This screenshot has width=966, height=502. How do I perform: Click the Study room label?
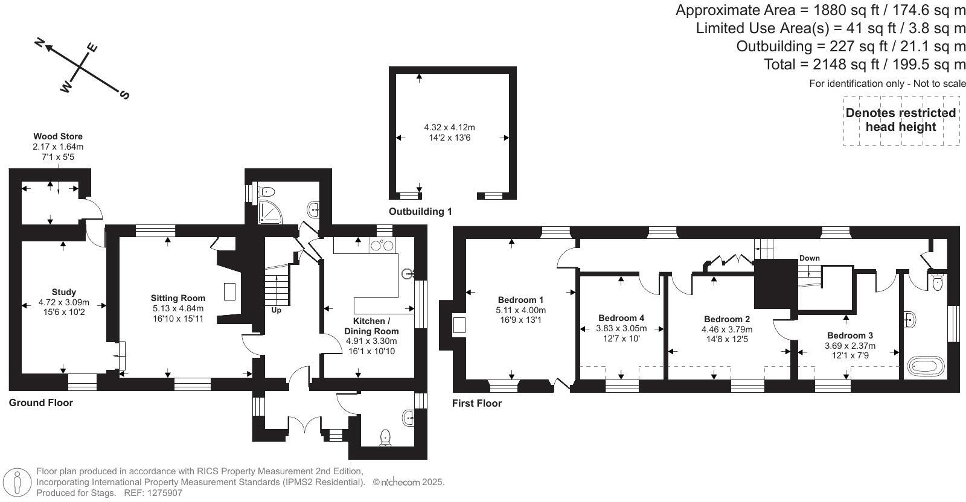pos(63,292)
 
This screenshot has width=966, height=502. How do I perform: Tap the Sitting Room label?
pos(178,298)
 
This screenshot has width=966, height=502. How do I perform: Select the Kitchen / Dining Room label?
pos(371,326)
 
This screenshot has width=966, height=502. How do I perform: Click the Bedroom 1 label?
pos(520,300)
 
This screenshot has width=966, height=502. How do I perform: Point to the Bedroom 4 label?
pos(621,318)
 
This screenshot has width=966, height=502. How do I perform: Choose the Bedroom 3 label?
pos(849,335)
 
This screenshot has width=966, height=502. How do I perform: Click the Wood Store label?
pos(58,137)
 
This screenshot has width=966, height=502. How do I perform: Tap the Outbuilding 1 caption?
pos(420,212)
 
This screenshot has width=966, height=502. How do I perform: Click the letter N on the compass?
pos(40,42)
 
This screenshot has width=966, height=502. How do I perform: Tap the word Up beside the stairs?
pos(276,311)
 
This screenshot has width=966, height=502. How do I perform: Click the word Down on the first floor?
pos(809,258)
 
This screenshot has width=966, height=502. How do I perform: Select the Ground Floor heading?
pos(40,402)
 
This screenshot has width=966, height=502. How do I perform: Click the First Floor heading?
pos(477,403)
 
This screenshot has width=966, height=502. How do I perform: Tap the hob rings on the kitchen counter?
pos(382,245)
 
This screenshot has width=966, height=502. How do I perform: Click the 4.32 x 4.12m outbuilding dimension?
pos(449,127)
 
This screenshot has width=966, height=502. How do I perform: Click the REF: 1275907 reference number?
pos(153,493)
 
